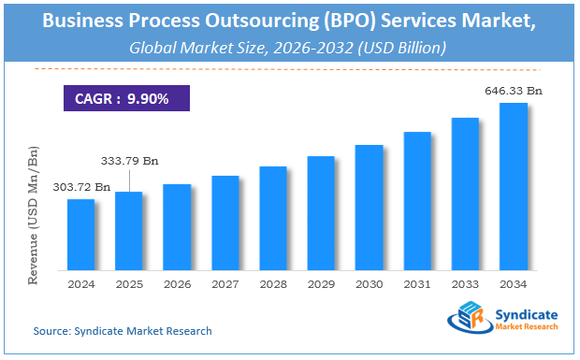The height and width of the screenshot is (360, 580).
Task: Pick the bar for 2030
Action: pyautogui.click(x=369, y=207)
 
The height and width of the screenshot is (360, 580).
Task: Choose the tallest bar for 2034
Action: pyautogui.click(x=514, y=186)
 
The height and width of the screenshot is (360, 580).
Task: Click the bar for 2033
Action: pyautogui.click(x=465, y=194)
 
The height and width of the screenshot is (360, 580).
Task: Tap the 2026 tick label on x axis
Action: pyautogui.click(x=177, y=284)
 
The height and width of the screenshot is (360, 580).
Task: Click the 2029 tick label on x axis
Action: pyautogui.click(x=321, y=284)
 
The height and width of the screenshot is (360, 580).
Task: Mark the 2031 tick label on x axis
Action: pyautogui.click(x=417, y=284)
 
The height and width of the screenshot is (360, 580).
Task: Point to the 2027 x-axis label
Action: pyautogui.click(x=225, y=284)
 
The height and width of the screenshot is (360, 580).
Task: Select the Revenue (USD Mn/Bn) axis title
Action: pyautogui.click(x=35, y=213)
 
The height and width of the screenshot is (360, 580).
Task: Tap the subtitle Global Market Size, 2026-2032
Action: pyautogui.click(x=289, y=44)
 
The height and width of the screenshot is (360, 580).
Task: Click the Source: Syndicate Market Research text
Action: pyautogui.click(x=122, y=331)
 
